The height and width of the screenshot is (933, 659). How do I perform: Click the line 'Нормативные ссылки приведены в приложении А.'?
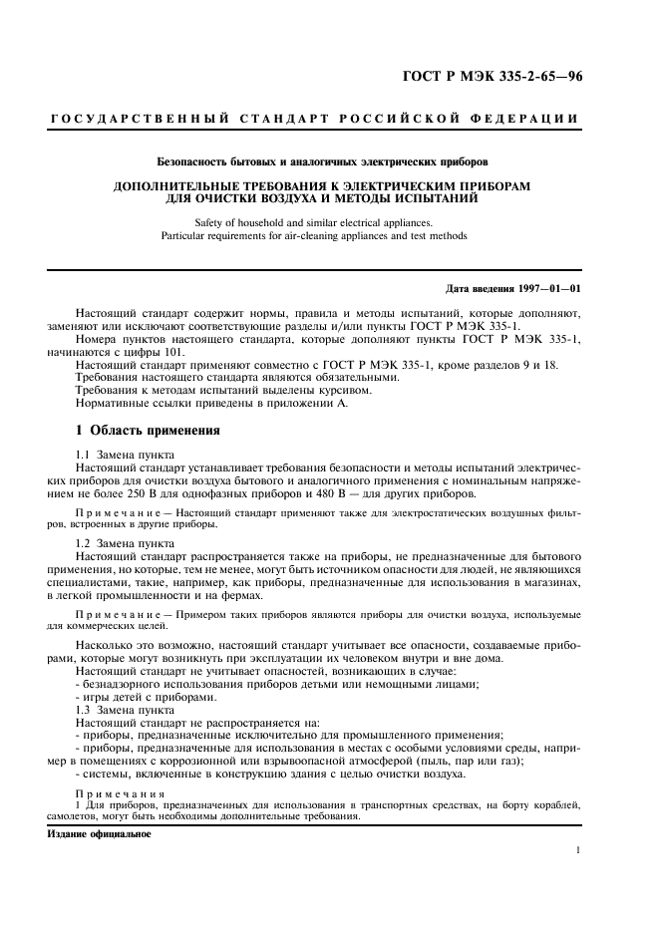pos(216,404)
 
